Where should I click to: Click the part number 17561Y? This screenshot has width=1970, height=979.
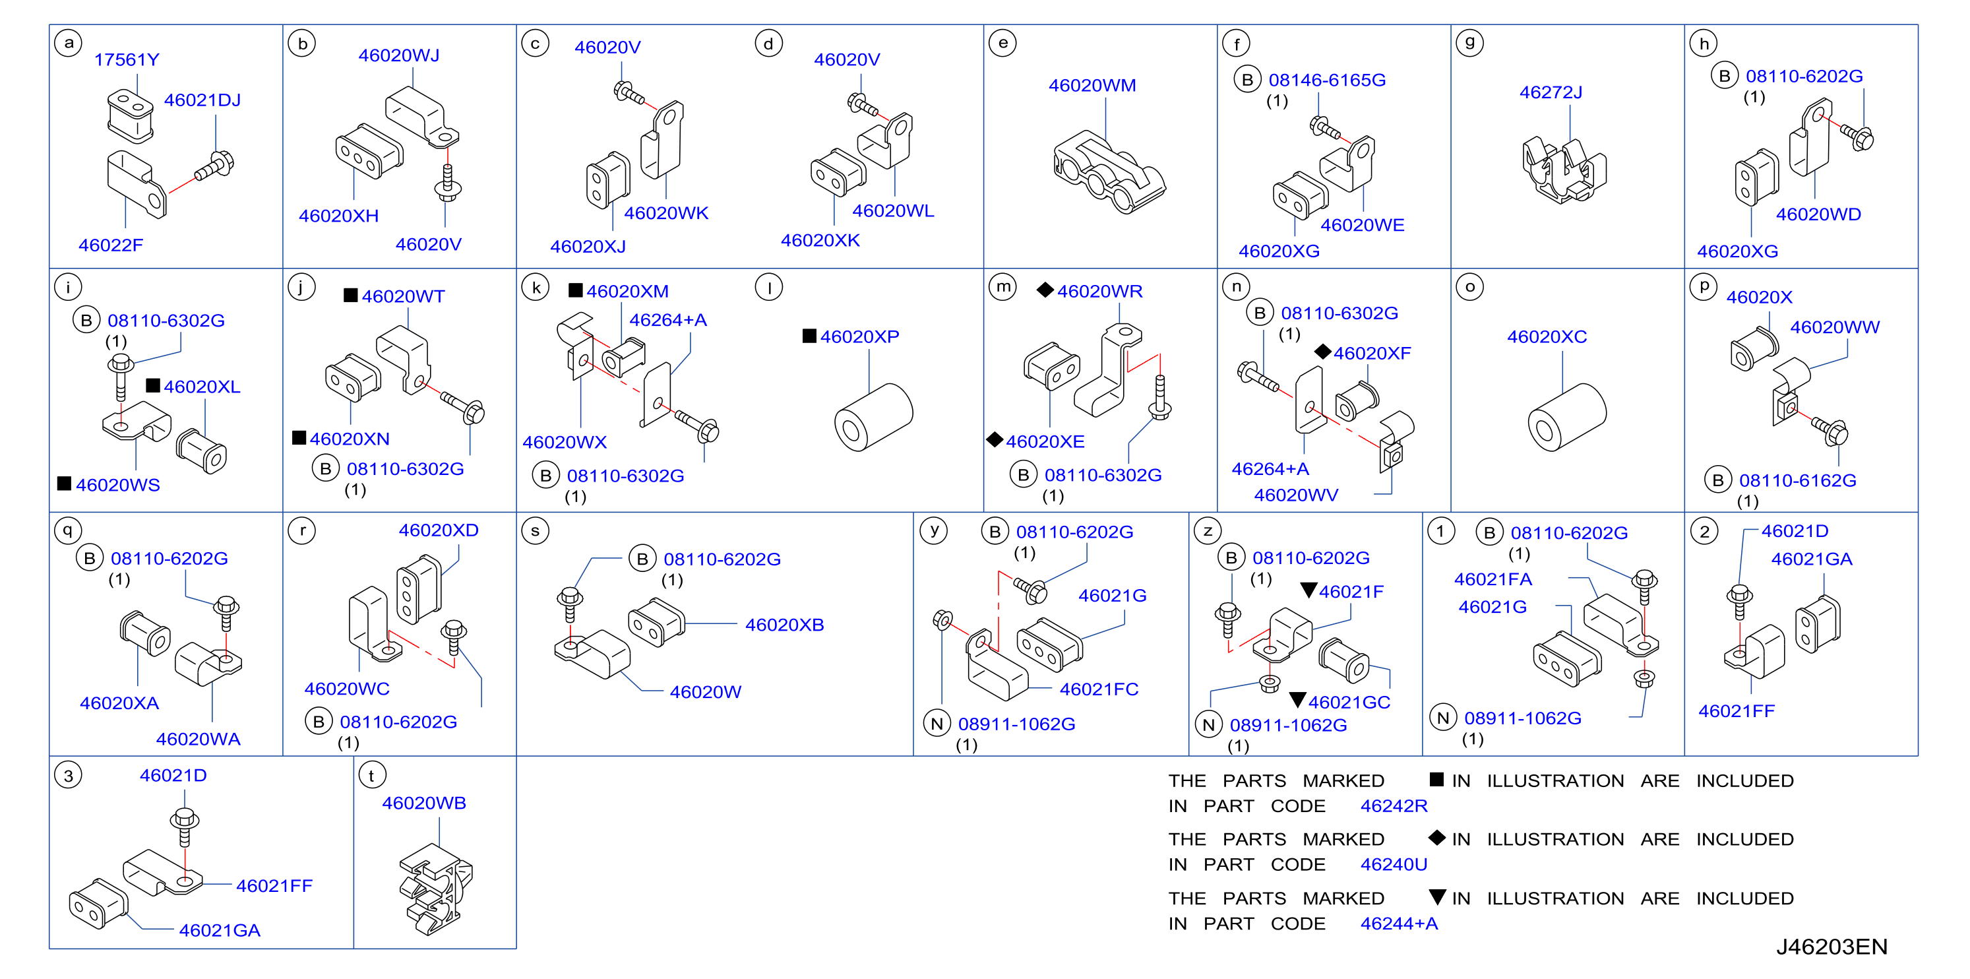tap(127, 59)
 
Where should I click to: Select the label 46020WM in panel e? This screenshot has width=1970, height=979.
tap(1092, 85)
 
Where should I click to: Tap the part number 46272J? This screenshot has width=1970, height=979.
tap(1551, 92)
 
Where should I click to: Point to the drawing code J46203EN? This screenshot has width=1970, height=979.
tap(1831, 947)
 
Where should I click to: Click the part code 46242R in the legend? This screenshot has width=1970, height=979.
tap(1394, 805)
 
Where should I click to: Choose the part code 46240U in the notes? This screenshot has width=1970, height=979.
tap(1394, 864)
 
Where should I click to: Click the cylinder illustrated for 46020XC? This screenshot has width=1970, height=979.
tap(1567, 418)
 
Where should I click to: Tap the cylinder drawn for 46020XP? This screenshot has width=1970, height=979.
tap(873, 418)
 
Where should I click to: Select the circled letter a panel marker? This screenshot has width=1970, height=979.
tap(69, 43)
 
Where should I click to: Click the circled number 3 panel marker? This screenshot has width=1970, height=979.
tap(69, 776)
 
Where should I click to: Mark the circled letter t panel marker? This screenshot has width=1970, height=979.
tap(373, 776)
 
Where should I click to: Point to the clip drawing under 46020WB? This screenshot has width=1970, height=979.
tap(435, 889)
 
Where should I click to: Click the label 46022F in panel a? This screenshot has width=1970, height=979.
tap(111, 245)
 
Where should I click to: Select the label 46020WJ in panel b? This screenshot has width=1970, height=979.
tap(399, 55)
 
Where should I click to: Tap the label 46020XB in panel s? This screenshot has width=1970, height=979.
tap(785, 625)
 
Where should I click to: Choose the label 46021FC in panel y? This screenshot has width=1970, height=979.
tap(1099, 689)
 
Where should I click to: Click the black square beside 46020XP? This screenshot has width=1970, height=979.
tap(809, 336)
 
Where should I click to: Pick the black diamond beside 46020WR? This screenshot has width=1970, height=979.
tap(1045, 290)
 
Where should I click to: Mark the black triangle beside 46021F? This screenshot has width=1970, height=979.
tap(1308, 590)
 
